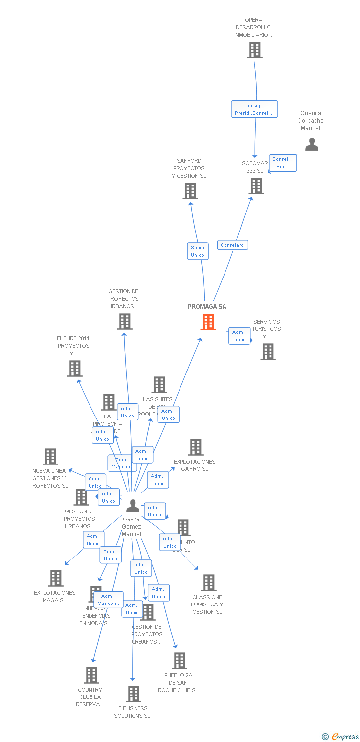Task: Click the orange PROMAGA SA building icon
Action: (208, 322)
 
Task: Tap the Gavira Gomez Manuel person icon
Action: (133, 506)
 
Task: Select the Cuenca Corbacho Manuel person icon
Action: (312, 144)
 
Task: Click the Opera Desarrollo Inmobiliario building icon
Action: (255, 50)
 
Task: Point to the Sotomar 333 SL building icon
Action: (256, 186)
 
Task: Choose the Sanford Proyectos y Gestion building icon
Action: (190, 191)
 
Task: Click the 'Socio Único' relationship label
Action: (197, 251)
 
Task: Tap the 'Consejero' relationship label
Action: (232, 245)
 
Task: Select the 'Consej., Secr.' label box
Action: (282, 163)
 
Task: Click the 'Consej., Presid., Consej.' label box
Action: (255, 109)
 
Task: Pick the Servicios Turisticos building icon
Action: (268, 352)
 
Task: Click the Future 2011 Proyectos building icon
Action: (75, 369)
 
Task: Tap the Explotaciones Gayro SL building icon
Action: (196, 447)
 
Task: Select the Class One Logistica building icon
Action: (209, 583)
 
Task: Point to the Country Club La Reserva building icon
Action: (91, 675)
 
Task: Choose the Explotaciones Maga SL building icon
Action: (56, 578)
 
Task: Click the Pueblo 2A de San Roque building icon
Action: (180, 661)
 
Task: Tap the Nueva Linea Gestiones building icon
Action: (50, 457)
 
